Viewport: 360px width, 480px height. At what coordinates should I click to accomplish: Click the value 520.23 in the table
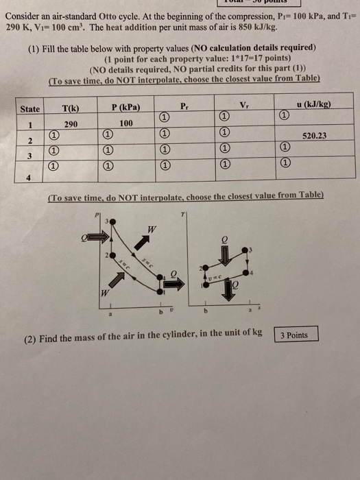point(313,136)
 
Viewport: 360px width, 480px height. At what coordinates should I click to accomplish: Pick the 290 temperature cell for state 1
point(70,124)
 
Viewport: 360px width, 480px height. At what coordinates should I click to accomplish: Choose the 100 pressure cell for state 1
point(125,124)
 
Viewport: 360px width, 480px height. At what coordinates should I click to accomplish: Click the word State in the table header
point(30,109)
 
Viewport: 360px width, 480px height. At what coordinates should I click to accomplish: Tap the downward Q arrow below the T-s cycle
point(226,289)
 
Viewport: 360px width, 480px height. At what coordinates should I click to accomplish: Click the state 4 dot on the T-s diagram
point(252,272)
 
